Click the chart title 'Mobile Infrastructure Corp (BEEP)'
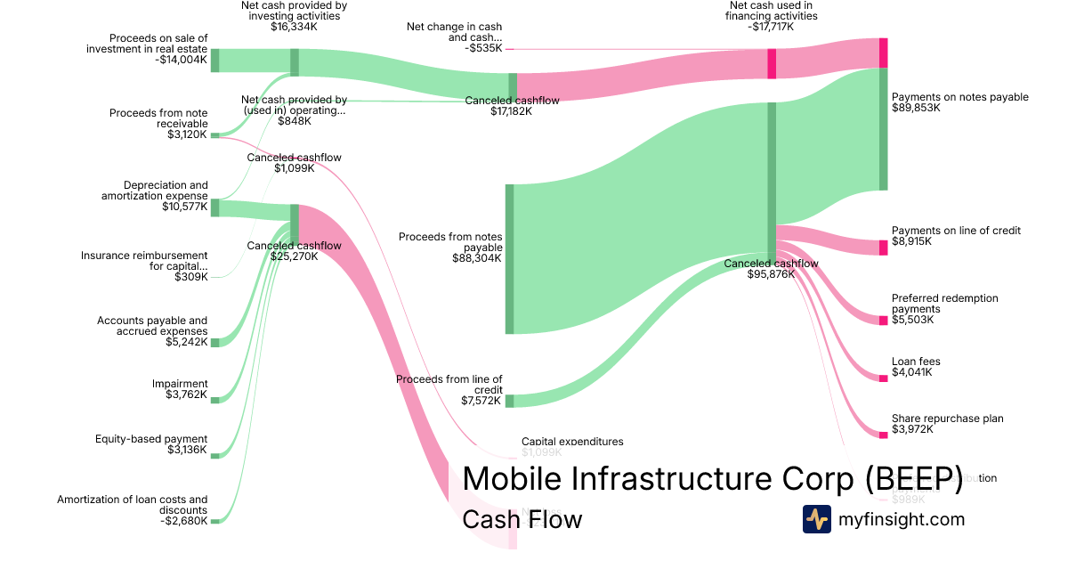[x=713, y=478]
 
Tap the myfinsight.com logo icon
[x=816, y=519]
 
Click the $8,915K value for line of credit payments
[x=911, y=241]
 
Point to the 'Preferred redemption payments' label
[x=944, y=304]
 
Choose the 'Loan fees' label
[x=916, y=362]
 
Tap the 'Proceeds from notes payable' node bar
[x=509, y=259]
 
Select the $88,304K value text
[x=477, y=258]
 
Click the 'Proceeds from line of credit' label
[x=449, y=385]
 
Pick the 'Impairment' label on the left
[x=180, y=384]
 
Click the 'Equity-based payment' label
[x=151, y=439]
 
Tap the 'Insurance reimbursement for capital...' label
[x=144, y=260]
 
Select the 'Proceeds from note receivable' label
[x=158, y=118]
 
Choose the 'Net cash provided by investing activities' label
[x=294, y=10]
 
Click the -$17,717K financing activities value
[x=771, y=27]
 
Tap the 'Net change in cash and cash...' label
[x=454, y=32]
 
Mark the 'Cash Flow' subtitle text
[x=522, y=519]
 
